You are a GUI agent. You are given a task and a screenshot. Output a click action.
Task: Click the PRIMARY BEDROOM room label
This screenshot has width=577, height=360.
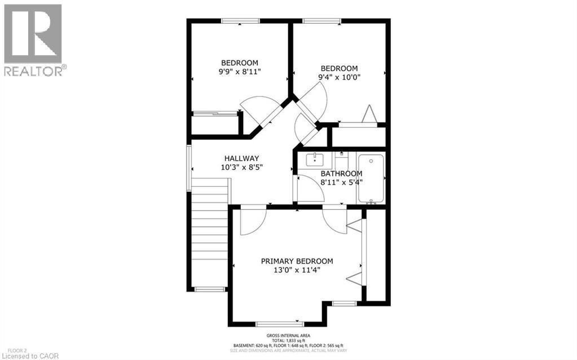click(297, 261)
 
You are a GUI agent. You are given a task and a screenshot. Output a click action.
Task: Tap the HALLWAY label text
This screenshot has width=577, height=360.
click(241, 159)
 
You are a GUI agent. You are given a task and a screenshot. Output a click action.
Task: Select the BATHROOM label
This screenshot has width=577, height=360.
click(341, 173)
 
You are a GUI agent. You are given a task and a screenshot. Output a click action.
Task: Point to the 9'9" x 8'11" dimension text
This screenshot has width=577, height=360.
click(240, 72)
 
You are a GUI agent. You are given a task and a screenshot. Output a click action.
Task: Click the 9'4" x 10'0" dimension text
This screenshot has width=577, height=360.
click(339, 77)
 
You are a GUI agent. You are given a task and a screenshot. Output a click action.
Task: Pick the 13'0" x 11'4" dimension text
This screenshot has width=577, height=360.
click(297, 270)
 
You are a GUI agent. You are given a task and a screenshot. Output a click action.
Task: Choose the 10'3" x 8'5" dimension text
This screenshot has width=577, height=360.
click(241, 167)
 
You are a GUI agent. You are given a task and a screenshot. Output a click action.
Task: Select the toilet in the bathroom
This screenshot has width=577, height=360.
click(342, 159)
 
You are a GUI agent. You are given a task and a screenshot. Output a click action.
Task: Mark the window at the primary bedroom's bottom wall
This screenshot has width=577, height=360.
click(280, 324)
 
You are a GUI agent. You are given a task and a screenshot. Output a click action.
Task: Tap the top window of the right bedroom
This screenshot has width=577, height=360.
click(321, 21)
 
